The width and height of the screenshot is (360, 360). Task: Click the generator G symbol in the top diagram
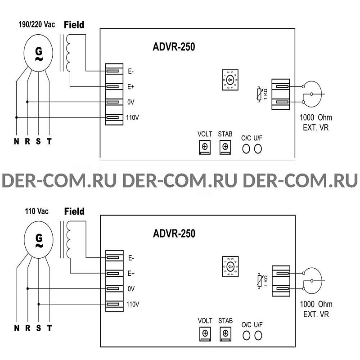click(x=38, y=53)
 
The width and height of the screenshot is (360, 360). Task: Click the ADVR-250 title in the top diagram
click(x=174, y=47)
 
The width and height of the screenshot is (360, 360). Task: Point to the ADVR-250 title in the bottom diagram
click(x=174, y=233)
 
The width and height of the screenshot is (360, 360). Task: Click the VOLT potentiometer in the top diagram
click(x=205, y=147)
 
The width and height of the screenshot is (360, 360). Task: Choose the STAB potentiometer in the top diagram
click(x=225, y=147)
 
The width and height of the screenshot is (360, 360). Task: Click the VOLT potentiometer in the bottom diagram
click(x=205, y=333)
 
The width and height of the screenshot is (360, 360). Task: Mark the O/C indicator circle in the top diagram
click(x=246, y=149)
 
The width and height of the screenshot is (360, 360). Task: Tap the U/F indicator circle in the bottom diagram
click(x=258, y=335)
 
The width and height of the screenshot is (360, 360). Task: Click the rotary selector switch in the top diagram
click(x=230, y=81)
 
